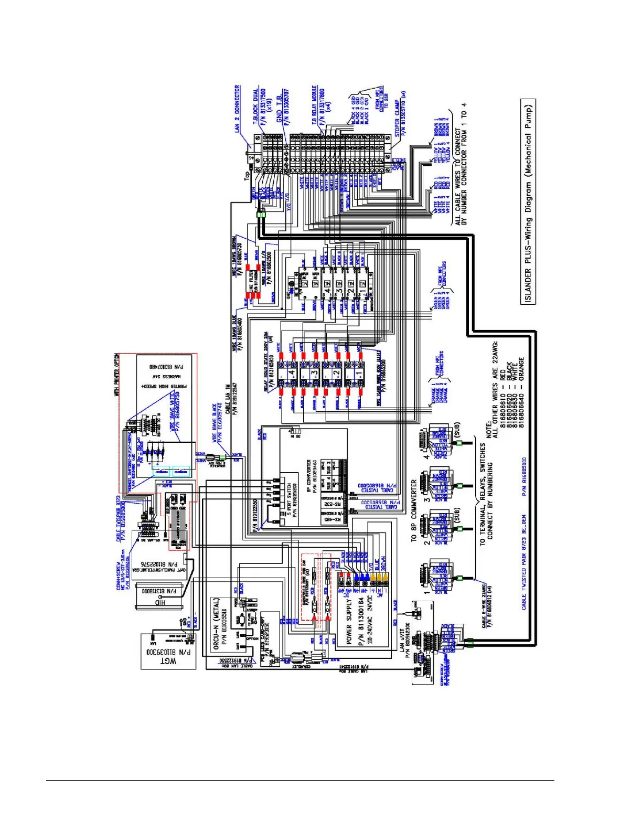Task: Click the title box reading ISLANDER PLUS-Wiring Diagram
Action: pos(528,201)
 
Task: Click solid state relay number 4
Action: pos(292,374)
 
